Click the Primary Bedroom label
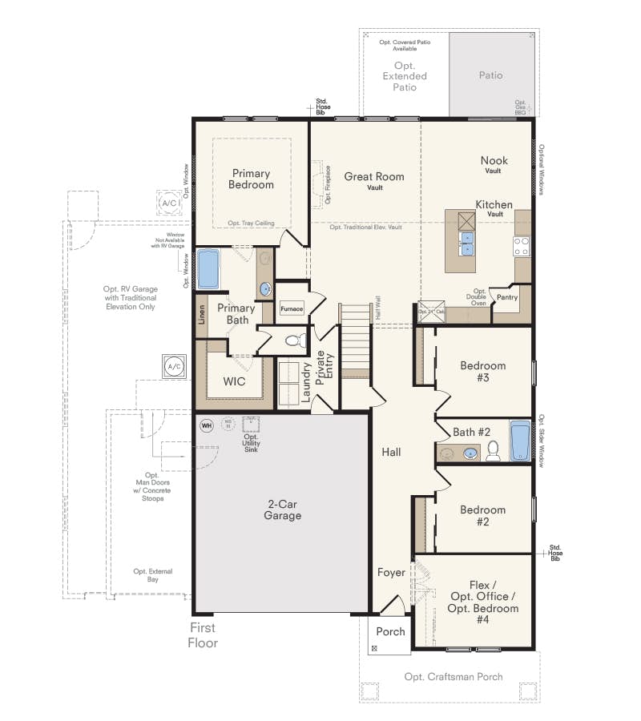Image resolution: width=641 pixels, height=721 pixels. pyautogui.click(x=252, y=179)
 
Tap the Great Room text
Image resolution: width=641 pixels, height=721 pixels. pyautogui.click(x=374, y=176)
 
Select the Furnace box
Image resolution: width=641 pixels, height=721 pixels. pyautogui.click(x=291, y=308)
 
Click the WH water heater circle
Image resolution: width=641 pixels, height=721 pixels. pyautogui.click(x=206, y=425)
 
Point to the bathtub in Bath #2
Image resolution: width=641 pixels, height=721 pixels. pyautogui.click(x=520, y=441)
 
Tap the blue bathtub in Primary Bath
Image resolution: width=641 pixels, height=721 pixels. pyautogui.click(x=208, y=269)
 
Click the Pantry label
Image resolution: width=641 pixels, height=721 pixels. pyautogui.click(x=506, y=297)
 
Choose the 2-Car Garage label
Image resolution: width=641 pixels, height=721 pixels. pyautogui.click(x=284, y=510)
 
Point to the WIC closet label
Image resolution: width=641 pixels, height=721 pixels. pyautogui.click(x=234, y=381)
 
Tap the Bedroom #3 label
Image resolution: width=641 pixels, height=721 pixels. pyautogui.click(x=482, y=372)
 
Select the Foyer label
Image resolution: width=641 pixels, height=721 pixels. pyautogui.click(x=391, y=573)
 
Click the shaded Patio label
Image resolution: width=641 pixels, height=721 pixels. pyautogui.click(x=490, y=75)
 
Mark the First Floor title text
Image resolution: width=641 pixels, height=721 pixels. pyautogui.click(x=203, y=635)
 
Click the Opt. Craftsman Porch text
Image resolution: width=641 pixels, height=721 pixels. pyautogui.click(x=454, y=677)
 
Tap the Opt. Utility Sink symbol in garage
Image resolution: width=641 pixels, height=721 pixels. pyautogui.click(x=252, y=424)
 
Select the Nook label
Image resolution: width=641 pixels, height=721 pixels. pyautogui.click(x=494, y=160)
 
